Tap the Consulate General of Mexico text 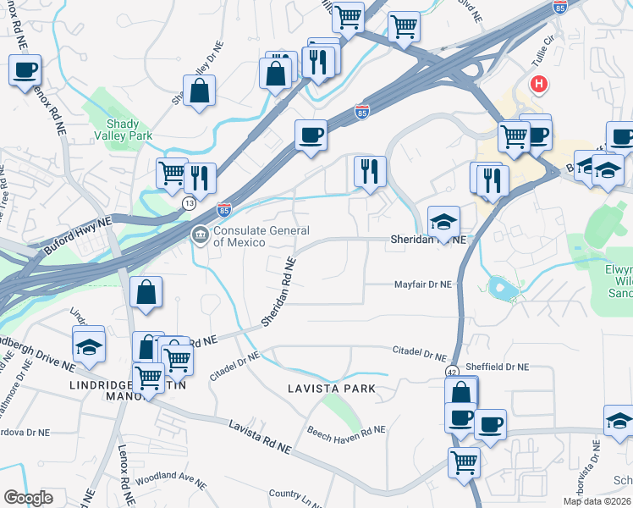pyautogui.click(x=261, y=236)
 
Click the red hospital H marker pyautogui.click(x=537, y=85)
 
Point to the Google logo pyautogui.click(x=28, y=498)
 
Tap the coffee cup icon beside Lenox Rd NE pyautogui.click(x=25, y=70)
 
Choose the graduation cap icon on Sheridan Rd pyautogui.click(x=443, y=222)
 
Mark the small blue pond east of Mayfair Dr pyautogui.click(x=503, y=290)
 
